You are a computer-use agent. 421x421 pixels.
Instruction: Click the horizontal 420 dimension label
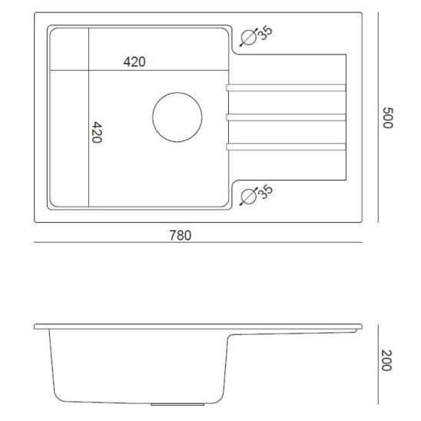pyautogui.click(x=134, y=62)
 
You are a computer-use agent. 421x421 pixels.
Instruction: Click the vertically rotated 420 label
pyautogui.click(x=98, y=134)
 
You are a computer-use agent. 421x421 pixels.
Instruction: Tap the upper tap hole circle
pyautogui.click(x=249, y=38)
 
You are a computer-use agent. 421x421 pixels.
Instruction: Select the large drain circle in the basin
pyautogui.click(x=177, y=117)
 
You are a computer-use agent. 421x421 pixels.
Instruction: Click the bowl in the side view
pyautogui.click(x=138, y=365)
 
